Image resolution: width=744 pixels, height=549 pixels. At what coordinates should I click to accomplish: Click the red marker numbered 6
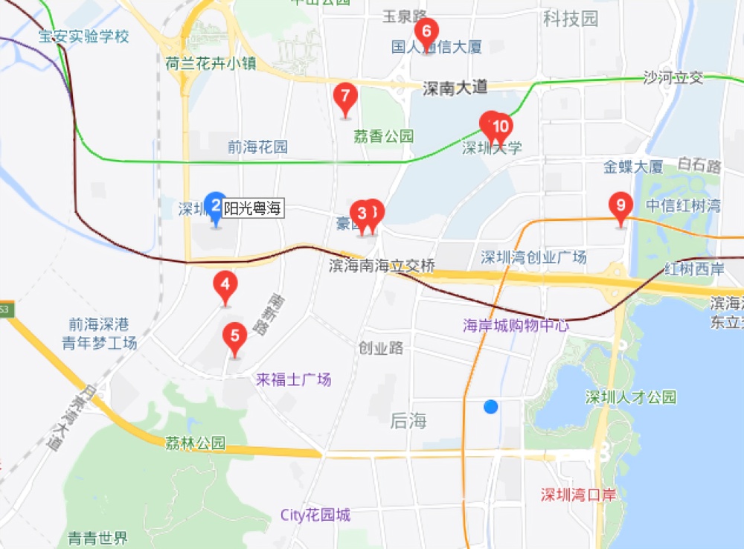pyautogui.click(x=426, y=32)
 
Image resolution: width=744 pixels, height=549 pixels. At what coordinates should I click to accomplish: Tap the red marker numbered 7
pyautogui.click(x=344, y=97)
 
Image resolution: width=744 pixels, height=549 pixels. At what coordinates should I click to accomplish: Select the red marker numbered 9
pyautogui.click(x=620, y=205)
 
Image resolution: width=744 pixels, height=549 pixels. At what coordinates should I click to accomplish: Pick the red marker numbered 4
pyautogui.click(x=225, y=285)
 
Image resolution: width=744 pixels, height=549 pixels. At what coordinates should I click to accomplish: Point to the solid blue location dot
pyautogui.click(x=490, y=406)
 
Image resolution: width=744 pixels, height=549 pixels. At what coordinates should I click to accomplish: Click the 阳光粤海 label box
pyautogui.click(x=253, y=210)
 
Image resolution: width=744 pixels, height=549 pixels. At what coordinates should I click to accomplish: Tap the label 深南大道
pyautogui.click(x=455, y=88)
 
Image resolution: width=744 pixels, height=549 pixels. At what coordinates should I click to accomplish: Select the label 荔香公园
pyautogui.click(x=383, y=137)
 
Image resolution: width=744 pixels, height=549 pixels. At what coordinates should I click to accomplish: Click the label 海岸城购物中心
pyautogui.click(x=516, y=325)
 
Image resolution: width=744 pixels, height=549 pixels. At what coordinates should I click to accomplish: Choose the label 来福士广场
pyautogui.click(x=293, y=380)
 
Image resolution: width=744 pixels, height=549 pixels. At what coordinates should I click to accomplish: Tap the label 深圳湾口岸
pyautogui.click(x=579, y=495)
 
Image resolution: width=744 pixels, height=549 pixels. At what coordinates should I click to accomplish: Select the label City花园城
pyautogui.click(x=315, y=515)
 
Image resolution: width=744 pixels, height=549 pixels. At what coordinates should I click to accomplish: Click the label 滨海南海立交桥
pyautogui.click(x=382, y=266)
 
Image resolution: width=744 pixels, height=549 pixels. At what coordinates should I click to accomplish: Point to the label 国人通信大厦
pyautogui.click(x=437, y=48)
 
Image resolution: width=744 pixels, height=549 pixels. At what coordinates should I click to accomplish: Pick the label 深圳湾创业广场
pyautogui.click(x=533, y=257)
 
